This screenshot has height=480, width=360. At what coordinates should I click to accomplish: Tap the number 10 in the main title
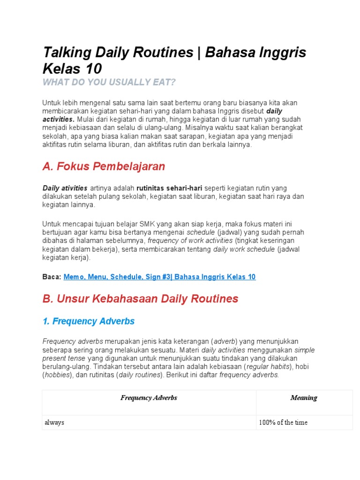tap(93, 69)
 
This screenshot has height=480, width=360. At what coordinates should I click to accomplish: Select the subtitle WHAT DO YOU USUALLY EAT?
tap(109, 82)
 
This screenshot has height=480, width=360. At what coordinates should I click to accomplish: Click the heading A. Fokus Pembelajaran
tap(104, 166)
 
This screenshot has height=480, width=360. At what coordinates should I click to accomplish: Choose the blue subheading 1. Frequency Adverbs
tap(89, 321)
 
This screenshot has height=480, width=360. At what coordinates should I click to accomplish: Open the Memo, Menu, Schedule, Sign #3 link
tap(159, 277)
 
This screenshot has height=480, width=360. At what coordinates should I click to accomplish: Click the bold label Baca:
tap(52, 277)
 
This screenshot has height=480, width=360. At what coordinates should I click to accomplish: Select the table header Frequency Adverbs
tap(149, 398)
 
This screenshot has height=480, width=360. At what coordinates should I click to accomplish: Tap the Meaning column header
tap(304, 398)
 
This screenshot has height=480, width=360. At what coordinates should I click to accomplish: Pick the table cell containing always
tap(54, 422)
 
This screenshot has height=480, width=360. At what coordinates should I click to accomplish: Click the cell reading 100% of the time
tap(283, 422)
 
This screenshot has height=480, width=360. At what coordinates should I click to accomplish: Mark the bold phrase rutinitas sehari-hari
tap(170, 188)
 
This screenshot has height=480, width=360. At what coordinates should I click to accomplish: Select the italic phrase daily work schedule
tap(244, 249)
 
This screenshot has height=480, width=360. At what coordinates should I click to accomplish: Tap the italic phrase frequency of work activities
tap(190, 241)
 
